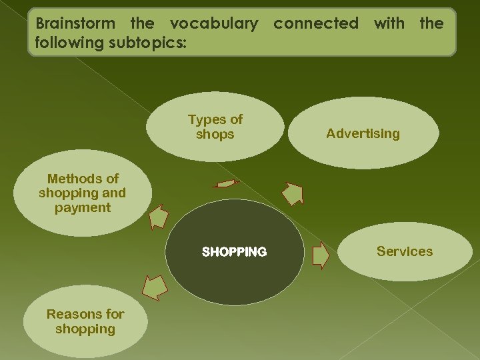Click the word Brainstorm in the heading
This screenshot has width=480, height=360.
click(x=75, y=23)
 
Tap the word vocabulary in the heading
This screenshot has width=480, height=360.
click(x=214, y=23)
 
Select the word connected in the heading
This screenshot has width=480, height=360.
click(x=316, y=23)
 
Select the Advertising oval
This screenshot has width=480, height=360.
click(x=363, y=133)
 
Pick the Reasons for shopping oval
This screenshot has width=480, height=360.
click(x=85, y=321)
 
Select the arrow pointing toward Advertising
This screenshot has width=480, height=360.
click(x=292, y=194)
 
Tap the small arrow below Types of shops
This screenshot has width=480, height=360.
click(x=226, y=183)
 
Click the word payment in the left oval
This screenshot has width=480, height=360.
click(x=83, y=207)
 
